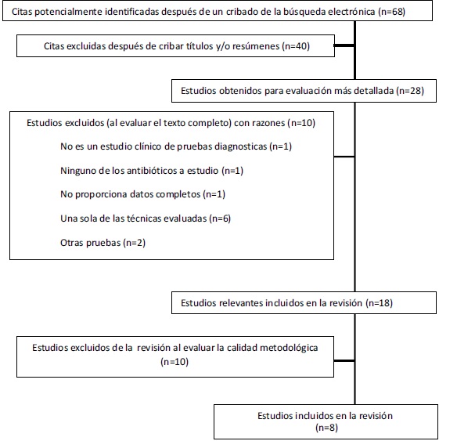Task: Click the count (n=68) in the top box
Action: (391, 12)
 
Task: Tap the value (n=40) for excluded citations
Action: (296, 46)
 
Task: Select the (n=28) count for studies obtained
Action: (410, 91)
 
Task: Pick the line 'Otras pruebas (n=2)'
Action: (103, 243)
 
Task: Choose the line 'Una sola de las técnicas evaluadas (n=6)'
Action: (146, 219)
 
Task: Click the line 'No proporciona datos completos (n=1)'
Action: (142, 194)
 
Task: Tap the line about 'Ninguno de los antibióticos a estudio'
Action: (152, 171)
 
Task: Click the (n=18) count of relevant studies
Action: (379, 303)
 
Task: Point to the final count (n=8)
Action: (326, 428)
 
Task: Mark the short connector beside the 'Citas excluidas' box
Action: (344, 45)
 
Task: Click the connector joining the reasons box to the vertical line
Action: (344, 157)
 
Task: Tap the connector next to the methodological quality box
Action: (344, 361)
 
